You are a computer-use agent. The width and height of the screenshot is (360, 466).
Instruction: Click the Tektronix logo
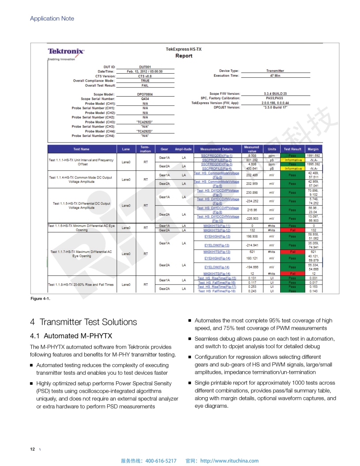(x=66, y=52)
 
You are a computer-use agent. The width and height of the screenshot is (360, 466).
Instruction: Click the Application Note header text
(x=52, y=19)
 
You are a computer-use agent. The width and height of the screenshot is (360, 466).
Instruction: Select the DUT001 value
(x=145, y=67)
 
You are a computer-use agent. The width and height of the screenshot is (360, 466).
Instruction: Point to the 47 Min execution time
(x=275, y=75)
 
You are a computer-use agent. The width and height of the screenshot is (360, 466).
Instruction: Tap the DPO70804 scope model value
(x=145, y=94)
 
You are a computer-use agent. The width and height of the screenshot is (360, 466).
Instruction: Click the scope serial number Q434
(x=145, y=99)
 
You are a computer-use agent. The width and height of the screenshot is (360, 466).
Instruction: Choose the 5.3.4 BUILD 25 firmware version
(x=275, y=94)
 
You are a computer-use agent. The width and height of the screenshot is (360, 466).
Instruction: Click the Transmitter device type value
(x=275, y=71)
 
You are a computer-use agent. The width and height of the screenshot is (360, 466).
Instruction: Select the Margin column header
(x=313, y=149)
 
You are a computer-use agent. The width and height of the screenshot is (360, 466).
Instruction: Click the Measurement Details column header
(x=216, y=149)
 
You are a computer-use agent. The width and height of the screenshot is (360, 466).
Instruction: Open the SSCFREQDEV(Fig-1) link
(x=217, y=156)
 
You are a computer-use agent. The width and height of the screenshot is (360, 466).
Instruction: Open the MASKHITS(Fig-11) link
(x=217, y=226)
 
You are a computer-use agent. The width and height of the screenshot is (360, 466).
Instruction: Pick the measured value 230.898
(x=252, y=193)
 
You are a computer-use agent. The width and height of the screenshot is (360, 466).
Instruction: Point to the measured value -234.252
(x=252, y=201)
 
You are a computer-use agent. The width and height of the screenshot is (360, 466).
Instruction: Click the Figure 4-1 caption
(x=40, y=299)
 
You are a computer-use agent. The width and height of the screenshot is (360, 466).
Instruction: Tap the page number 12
(x=32, y=449)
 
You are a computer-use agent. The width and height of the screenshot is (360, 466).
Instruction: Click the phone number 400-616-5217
(x=161, y=461)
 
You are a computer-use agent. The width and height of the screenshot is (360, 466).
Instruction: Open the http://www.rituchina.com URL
(x=229, y=461)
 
